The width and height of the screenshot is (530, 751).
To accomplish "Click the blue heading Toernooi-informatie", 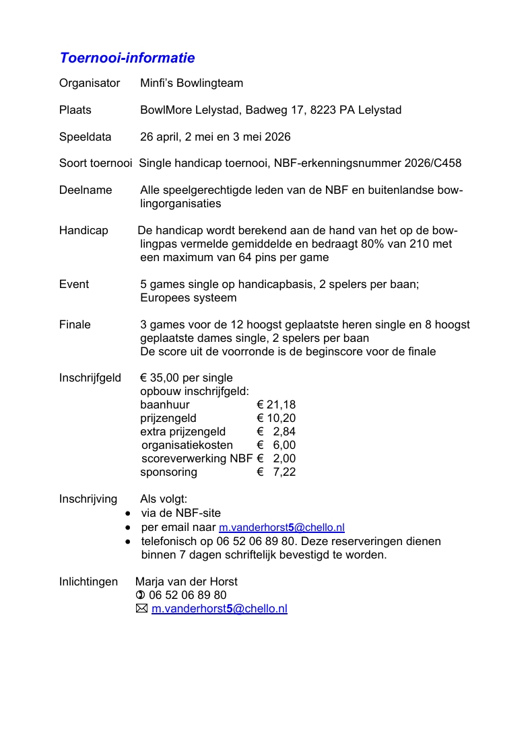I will click(127, 58).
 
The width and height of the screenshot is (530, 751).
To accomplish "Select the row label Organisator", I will click(90, 83).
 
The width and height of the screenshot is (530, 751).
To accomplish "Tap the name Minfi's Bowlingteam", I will click(191, 83).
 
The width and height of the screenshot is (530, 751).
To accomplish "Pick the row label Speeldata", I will click(86, 137).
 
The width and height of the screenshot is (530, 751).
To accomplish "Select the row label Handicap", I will click(84, 231).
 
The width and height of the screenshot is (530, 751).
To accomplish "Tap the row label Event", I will click(74, 284).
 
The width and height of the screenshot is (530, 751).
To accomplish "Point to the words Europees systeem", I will click(188, 297).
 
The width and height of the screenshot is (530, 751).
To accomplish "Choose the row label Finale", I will click(75, 324).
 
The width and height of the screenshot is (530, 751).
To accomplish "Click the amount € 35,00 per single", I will click(187, 378).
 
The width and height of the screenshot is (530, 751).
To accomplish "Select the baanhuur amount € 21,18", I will click(276, 404).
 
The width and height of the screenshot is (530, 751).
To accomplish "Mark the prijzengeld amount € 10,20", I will click(276, 418).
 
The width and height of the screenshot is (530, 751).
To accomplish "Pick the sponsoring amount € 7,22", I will click(276, 472).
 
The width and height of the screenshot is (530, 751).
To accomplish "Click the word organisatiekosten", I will click(187, 445).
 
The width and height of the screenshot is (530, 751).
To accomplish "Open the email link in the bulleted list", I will click(281, 528).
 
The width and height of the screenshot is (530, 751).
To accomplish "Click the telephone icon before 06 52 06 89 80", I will click(140, 595).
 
